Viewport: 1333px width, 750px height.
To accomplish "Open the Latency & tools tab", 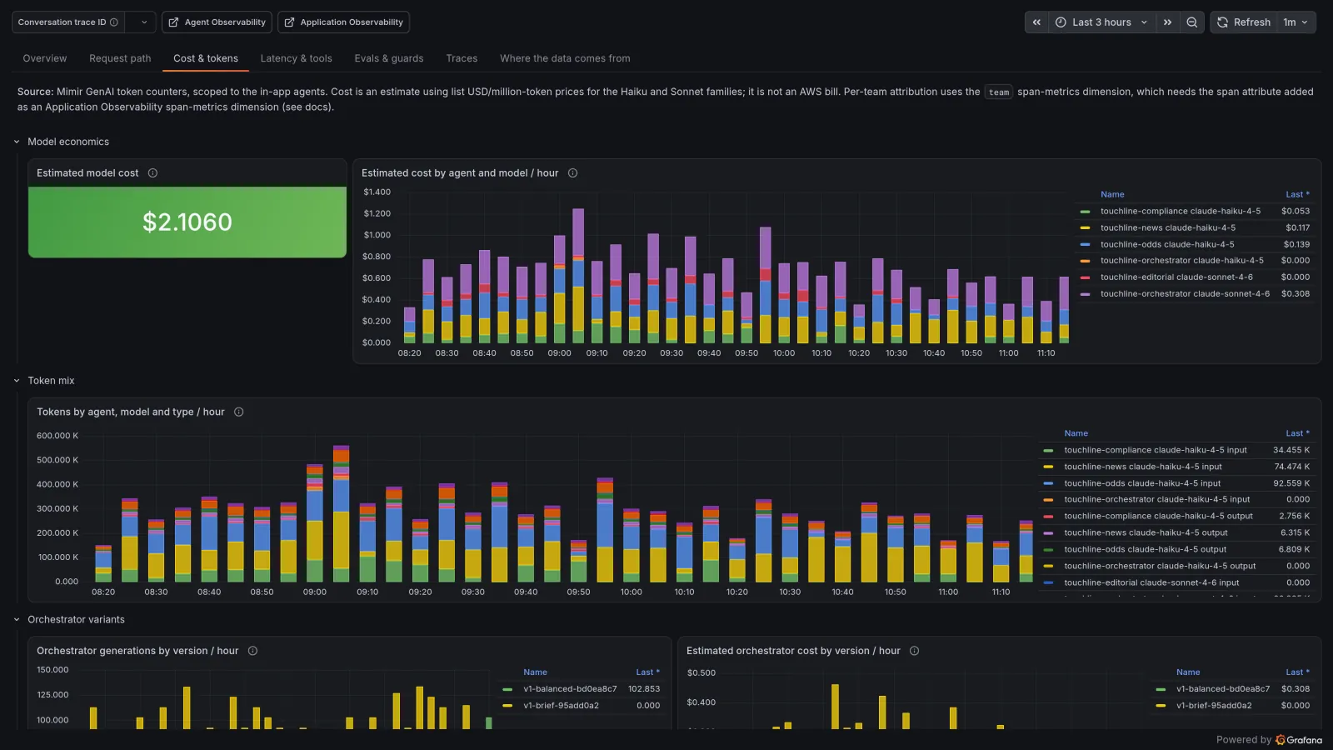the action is click(x=296, y=58).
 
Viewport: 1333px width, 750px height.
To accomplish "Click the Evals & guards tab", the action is click(x=388, y=58).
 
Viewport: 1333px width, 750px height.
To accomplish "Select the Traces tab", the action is click(x=462, y=58).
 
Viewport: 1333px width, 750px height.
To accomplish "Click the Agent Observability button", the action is click(x=217, y=22).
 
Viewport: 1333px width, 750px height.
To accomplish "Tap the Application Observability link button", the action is click(x=343, y=22).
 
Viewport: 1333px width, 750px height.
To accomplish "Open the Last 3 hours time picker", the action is click(x=1101, y=22).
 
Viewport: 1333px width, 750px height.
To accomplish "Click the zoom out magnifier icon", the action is click(x=1191, y=22).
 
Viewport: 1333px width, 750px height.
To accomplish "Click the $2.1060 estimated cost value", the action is click(x=187, y=222).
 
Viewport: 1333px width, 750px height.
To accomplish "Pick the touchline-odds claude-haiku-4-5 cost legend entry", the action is click(x=1167, y=244).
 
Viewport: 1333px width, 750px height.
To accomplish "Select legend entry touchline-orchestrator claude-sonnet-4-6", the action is click(x=1185, y=293).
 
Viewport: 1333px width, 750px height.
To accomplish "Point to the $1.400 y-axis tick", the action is click(x=377, y=192).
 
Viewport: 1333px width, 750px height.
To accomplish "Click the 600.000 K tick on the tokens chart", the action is click(x=57, y=436).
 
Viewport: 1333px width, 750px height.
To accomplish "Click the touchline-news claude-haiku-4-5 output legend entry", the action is click(x=1146, y=532).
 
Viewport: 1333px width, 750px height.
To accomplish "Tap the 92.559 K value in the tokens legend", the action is click(x=1291, y=483).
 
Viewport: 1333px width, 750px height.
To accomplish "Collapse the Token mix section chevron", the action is click(x=17, y=380).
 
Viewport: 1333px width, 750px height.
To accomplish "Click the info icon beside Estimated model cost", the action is click(x=152, y=172).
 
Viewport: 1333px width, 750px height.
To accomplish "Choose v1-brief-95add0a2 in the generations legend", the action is click(x=561, y=705).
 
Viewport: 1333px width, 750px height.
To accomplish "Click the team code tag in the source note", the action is click(x=999, y=92).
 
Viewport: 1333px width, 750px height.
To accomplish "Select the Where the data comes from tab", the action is click(x=565, y=58).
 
